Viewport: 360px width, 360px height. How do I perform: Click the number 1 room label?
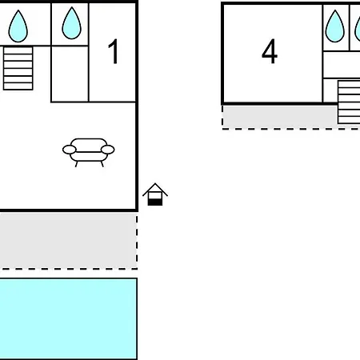pyautogui.click(x=114, y=51)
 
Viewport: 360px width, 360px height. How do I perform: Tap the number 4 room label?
pyautogui.click(x=270, y=51)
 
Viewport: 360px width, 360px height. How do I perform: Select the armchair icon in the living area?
pyautogui.click(x=89, y=153)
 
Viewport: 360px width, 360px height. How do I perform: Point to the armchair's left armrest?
pyautogui.click(x=70, y=150)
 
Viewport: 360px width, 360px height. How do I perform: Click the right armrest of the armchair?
pyautogui.click(x=108, y=150)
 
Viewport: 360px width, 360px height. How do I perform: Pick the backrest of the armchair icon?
pyautogui.click(x=89, y=145)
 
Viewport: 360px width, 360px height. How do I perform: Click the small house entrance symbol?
pyautogui.click(x=155, y=194)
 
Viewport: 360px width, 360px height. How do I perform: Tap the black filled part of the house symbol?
pyautogui.click(x=155, y=202)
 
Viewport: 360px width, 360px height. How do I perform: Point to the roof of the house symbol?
pyautogui.click(x=155, y=190)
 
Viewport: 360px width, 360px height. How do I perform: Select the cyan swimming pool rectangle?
pyautogui.click(x=68, y=319)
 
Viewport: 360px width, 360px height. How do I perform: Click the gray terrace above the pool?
pyautogui.click(x=68, y=240)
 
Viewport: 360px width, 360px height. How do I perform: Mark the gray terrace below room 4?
pyautogui.click(x=280, y=117)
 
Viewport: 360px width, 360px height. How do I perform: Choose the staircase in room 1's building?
pyautogui.click(x=18, y=68)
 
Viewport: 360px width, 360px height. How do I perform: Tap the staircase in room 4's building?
pyautogui.click(x=349, y=102)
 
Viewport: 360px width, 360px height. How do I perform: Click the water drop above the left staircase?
pyautogui.click(x=18, y=26)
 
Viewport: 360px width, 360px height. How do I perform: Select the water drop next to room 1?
pyautogui.click(x=71, y=23)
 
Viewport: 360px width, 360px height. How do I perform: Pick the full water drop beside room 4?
pyautogui.click(x=335, y=26)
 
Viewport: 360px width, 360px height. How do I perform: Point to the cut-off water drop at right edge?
pyautogui.click(x=358, y=26)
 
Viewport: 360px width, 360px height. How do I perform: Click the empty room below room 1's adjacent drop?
pyautogui.click(x=70, y=74)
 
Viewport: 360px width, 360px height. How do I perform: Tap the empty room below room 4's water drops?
pyautogui.click(x=342, y=65)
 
